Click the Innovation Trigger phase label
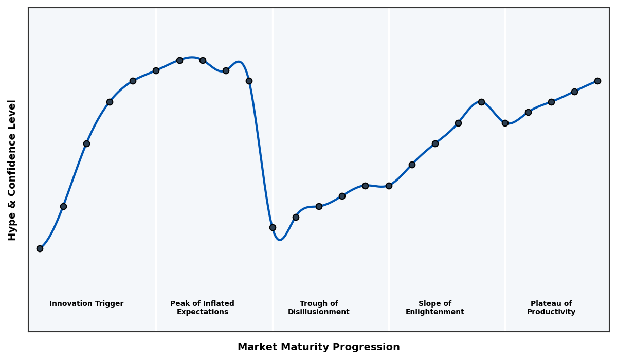(86, 304)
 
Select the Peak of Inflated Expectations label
(202, 308)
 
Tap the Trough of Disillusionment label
(319, 308)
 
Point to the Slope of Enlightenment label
(435, 308)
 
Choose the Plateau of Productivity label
(551, 308)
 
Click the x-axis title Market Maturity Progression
(319, 347)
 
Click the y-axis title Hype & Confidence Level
(12, 170)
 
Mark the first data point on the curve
(40, 248)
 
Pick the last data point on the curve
(597, 81)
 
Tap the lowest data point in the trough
(273, 227)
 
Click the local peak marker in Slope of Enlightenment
(481, 102)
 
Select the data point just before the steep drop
(249, 81)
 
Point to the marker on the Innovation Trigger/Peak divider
(156, 70)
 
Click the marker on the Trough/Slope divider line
(389, 186)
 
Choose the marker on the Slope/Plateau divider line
(505, 123)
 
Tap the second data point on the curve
(63, 206)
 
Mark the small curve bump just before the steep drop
(239, 62)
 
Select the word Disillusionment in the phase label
(319, 312)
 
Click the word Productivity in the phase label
(551, 312)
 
